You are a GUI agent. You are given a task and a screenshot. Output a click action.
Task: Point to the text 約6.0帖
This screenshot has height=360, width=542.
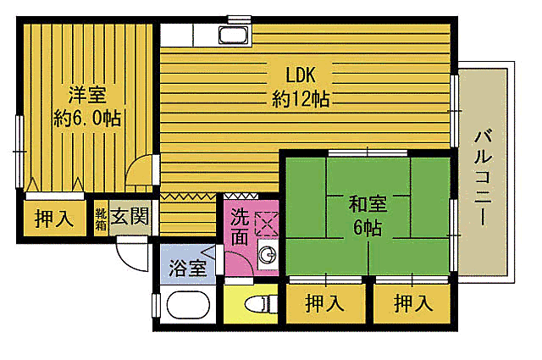tap(86, 118)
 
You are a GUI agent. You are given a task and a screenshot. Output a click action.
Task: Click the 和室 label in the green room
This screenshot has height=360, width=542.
tap(368, 203)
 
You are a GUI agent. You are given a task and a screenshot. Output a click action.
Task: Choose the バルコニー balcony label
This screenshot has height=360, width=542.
tap(485, 177)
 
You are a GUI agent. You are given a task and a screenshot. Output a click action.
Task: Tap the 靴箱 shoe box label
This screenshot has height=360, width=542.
tap(101, 219)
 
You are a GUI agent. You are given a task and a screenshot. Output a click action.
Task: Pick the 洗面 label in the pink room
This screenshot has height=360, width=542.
tap(241, 225)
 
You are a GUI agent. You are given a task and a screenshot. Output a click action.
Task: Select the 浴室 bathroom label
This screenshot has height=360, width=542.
tap(186, 269)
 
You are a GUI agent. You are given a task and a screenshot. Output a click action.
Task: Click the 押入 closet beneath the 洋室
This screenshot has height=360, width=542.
tap(55, 219)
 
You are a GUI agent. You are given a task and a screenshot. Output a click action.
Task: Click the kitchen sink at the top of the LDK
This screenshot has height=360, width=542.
tap(233, 36)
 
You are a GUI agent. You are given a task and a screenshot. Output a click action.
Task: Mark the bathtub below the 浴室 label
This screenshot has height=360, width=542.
tap(189, 307)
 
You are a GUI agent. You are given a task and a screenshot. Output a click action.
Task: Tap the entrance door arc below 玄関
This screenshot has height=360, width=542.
tap(131, 252)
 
